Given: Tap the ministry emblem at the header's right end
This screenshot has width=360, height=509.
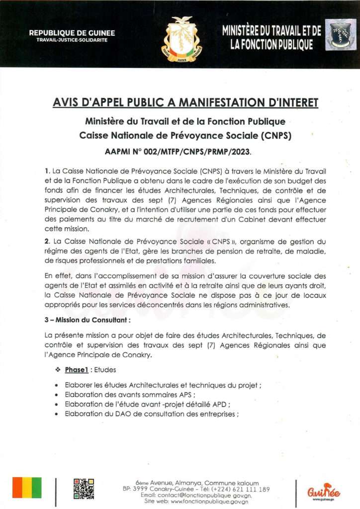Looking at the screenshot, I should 340,35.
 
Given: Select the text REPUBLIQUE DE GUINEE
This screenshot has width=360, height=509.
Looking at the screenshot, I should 72,33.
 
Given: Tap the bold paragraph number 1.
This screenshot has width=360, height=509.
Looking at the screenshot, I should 46,171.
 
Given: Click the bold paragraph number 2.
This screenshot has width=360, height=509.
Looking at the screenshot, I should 46,242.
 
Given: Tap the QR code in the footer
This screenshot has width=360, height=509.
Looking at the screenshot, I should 84,489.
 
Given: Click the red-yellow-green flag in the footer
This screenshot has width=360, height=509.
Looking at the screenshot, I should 27,488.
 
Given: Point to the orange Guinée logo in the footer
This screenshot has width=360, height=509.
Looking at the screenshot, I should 324,490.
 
